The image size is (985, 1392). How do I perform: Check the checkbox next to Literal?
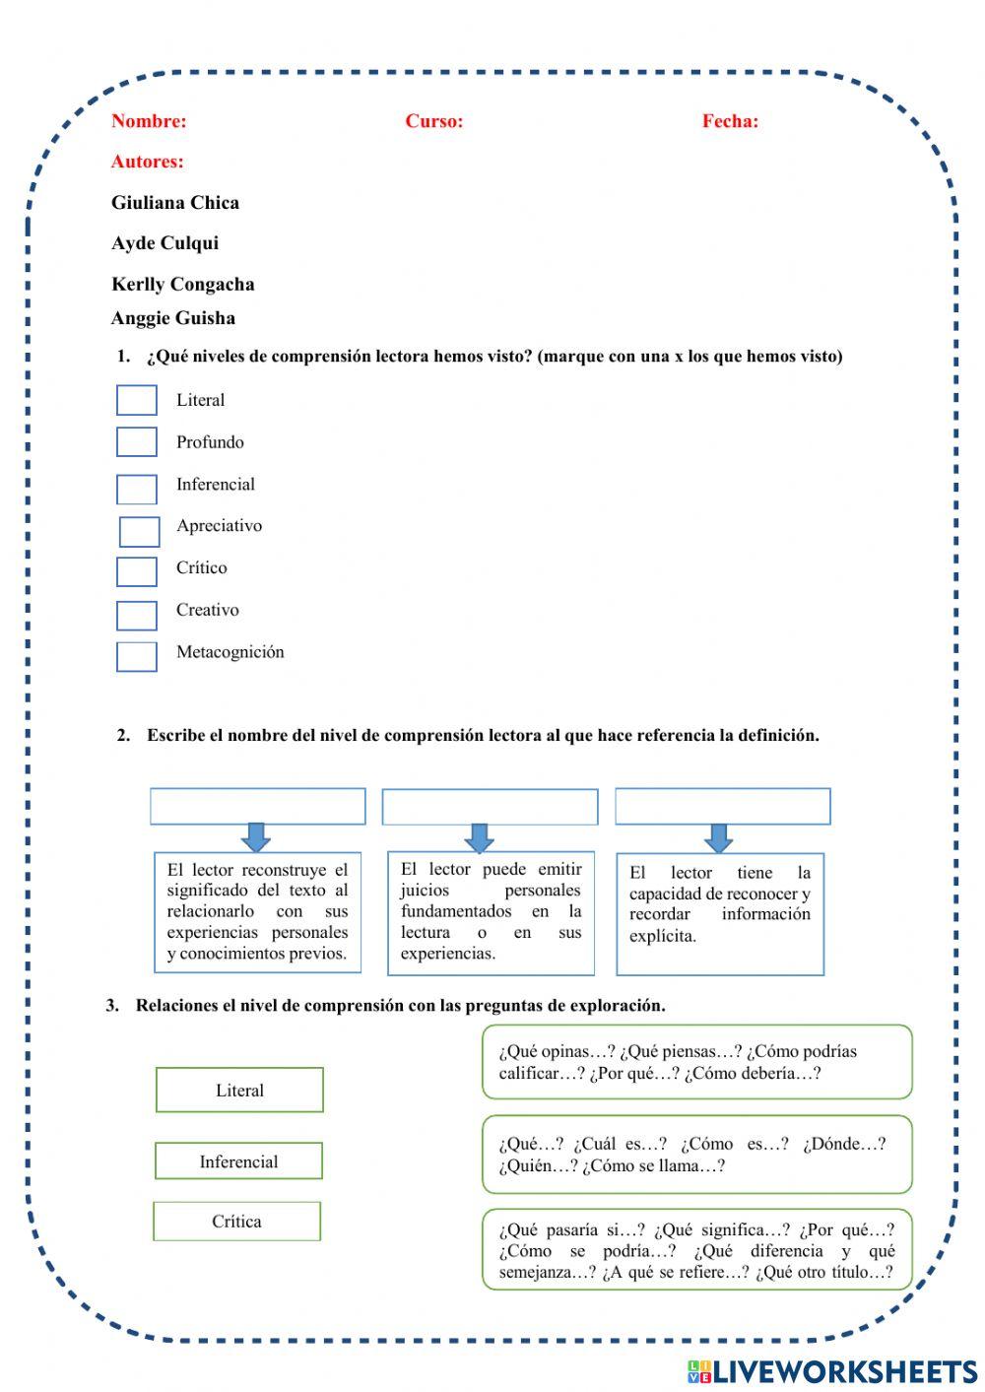(x=137, y=400)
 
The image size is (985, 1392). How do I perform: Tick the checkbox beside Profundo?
(x=137, y=442)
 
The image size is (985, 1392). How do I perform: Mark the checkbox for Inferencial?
(x=137, y=490)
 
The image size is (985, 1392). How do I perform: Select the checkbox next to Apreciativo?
(x=140, y=532)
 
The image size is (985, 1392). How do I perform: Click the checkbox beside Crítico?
(x=137, y=572)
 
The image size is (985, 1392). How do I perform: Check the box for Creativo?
(x=137, y=616)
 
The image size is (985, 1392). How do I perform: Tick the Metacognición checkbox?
(x=137, y=657)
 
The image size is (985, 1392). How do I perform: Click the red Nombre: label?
(x=149, y=121)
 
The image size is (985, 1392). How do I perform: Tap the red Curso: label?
(x=434, y=121)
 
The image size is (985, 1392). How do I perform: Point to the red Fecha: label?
(x=730, y=121)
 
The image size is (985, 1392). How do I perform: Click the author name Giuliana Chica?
(x=175, y=203)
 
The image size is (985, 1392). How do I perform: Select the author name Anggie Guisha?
(x=173, y=318)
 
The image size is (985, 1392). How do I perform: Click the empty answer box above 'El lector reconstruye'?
(x=258, y=807)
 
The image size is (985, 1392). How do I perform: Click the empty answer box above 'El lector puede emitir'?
(x=490, y=808)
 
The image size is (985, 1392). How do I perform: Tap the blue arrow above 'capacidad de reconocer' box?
(x=719, y=838)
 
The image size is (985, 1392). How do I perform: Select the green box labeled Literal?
(x=239, y=1091)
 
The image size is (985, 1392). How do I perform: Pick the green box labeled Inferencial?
(x=238, y=1161)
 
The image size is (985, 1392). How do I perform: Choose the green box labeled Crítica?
(x=237, y=1222)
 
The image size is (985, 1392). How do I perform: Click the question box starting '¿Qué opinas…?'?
(x=696, y=1062)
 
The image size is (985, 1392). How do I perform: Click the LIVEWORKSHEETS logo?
(x=832, y=1371)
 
